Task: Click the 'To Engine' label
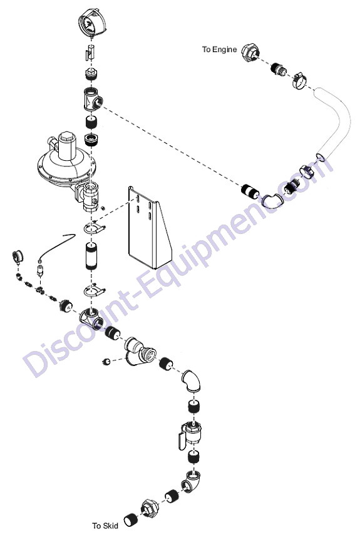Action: (x=219, y=49)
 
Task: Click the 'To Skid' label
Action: (x=105, y=526)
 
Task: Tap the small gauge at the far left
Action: (x=18, y=257)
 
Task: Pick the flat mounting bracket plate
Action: (x=149, y=227)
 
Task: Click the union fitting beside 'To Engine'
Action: (x=250, y=53)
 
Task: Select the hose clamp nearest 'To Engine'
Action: (x=300, y=79)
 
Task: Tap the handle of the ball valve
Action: (x=182, y=442)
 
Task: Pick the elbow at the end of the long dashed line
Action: (x=272, y=200)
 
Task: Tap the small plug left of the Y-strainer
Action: (x=106, y=361)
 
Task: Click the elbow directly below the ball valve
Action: (x=192, y=481)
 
